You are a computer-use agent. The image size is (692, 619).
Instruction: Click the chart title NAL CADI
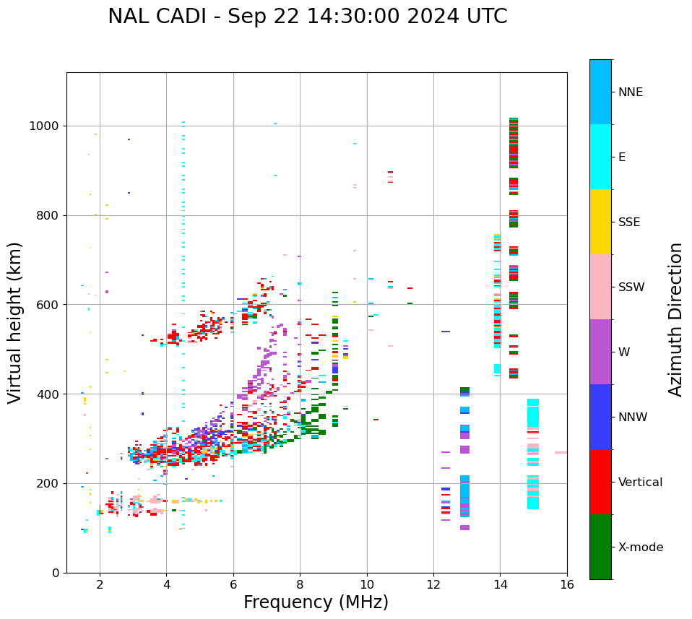coord(307,17)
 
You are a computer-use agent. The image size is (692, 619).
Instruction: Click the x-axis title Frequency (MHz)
coord(316,602)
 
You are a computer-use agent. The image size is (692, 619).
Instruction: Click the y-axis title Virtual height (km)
coord(15,322)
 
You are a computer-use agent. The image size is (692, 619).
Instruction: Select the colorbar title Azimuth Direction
coord(675,319)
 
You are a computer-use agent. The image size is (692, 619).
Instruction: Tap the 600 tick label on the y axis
coord(50,305)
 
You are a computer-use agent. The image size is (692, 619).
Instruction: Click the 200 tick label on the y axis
coord(50,483)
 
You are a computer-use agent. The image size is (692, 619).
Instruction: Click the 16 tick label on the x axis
coord(567,584)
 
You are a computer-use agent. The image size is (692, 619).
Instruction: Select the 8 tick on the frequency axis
coord(300,584)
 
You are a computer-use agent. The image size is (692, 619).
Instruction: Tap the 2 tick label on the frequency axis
coord(100,584)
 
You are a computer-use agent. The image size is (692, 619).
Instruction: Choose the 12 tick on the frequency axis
coord(433,584)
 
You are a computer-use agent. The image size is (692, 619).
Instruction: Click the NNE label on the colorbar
coord(631,92)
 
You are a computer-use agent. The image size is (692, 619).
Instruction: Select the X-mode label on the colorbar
coord(641,547)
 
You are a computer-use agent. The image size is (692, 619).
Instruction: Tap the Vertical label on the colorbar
coord(640,482)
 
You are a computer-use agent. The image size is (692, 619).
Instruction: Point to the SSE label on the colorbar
coord(629,222)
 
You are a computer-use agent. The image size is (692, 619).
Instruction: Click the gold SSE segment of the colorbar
coord(600,222)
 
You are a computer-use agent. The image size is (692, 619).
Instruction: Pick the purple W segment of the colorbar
coord(600,352)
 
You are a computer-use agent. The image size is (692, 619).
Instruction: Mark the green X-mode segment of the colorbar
coord(600,547)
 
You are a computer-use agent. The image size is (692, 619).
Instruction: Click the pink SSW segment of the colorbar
coord(600,287)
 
